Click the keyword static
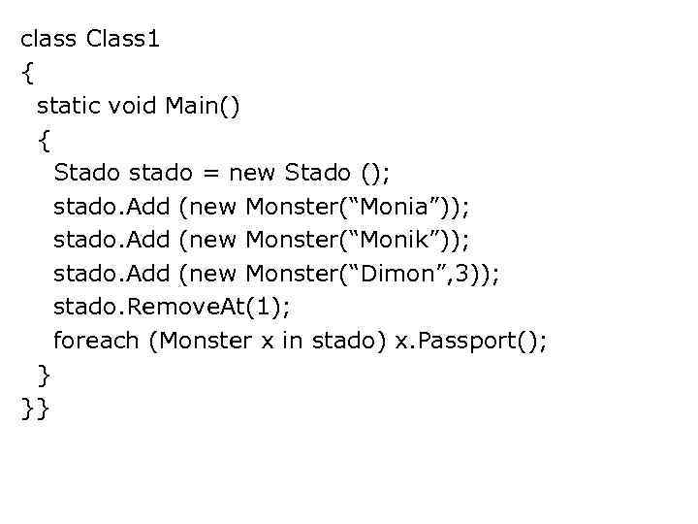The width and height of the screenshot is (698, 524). click(x=68, y=106)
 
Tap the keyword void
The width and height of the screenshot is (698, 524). click(x=129, y=106)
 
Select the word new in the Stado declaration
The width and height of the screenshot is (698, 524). click(x=252, y=173)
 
